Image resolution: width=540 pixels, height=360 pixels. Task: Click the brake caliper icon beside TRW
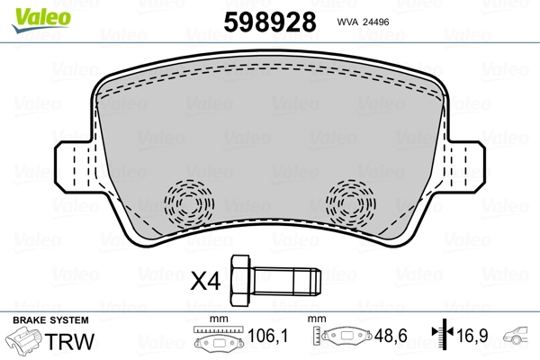(29, 342)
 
